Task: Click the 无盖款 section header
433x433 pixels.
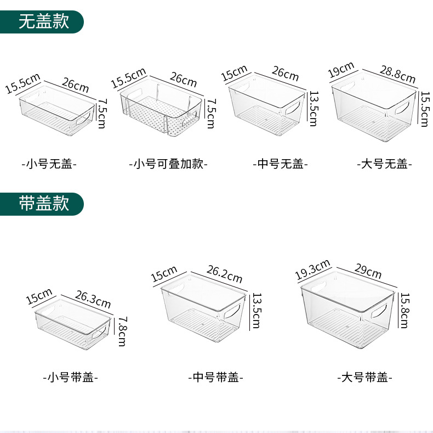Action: tap(43, 21)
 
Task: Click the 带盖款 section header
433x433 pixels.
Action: tap(43, 204)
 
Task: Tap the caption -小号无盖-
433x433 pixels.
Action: tap(49, 163)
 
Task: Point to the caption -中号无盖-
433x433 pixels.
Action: tap(280, 163)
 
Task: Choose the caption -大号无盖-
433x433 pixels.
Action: tap(384, 163)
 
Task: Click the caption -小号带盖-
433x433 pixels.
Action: tap(70, 378)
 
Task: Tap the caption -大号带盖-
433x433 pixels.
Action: tap(364, 378)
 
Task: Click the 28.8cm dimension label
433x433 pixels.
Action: tap(397, 74)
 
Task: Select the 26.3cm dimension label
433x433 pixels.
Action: tap(93, 300)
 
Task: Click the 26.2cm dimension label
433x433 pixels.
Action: tap(224, 274)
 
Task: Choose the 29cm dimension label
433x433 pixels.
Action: tap(367, 271)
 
